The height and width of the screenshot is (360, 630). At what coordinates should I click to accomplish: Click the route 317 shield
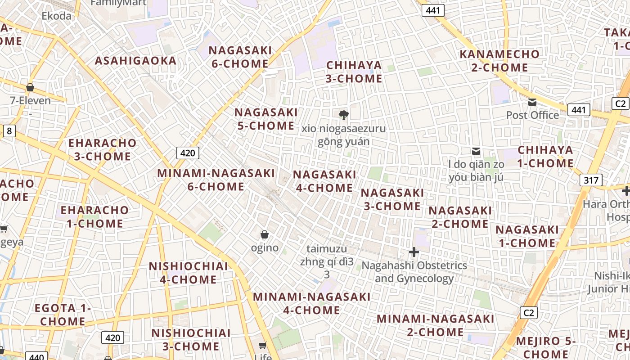click(590, 180)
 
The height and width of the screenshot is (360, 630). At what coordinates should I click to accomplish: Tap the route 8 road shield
click(9, 131)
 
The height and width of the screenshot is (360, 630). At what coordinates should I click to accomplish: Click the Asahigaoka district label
click(135, 61)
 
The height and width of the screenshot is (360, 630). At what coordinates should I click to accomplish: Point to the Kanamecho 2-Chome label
click(499, 61)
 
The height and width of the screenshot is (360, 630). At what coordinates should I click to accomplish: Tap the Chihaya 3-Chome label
click(354, 72)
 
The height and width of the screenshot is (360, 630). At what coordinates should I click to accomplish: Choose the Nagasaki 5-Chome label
click(266, 119)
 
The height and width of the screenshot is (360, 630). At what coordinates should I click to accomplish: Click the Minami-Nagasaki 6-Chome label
click(216, 180)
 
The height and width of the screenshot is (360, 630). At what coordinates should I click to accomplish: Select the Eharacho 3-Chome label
click(102, 150)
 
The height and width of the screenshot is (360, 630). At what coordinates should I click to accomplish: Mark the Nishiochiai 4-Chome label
click(189, 273)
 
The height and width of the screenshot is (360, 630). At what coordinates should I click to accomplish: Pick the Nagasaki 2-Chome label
click(460, 217)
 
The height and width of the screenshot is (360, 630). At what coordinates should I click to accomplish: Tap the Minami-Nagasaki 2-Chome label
click(436, 325)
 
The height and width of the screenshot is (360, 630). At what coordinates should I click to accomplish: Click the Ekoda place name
click(57, 16)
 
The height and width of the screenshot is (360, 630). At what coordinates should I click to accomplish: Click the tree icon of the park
click(344, 115)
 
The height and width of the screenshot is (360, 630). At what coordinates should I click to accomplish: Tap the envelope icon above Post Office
click(533, 102)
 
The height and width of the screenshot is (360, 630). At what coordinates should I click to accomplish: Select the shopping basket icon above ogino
click(265, 234)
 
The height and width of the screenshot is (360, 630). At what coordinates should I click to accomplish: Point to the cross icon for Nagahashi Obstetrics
click(414, 252)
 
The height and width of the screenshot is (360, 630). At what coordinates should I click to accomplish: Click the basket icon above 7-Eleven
click(30, 87)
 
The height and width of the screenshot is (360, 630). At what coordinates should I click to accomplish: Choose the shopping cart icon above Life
click(263, 345)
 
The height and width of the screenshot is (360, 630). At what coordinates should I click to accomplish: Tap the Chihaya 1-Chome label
click(545, 157)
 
